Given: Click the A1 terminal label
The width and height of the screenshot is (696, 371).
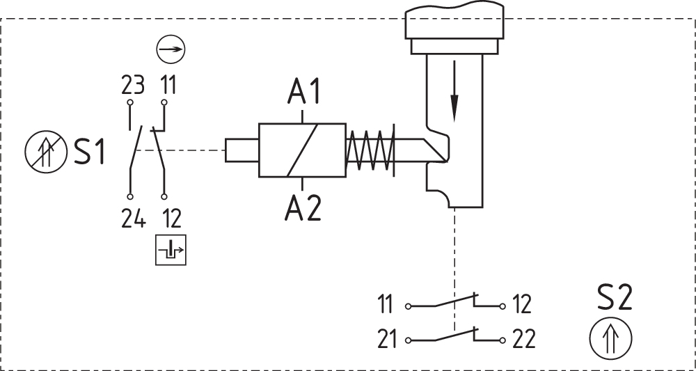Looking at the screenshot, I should coord(303,91).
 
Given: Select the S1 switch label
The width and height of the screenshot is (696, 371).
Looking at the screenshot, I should coord(90,152).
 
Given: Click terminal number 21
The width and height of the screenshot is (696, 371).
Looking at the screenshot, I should coord(387,340).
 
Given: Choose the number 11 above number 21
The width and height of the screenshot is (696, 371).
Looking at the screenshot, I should coord(386,305).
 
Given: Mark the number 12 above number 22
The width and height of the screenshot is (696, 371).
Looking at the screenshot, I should coord(521,305).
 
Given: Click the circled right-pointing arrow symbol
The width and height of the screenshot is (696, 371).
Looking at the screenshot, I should coord(171,49).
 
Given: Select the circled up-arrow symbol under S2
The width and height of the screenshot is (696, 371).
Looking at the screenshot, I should coord(610,339).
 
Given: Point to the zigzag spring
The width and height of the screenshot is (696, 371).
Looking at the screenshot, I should coord(371,150).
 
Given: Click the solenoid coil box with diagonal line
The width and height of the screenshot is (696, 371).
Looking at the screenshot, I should coord(302,150).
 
